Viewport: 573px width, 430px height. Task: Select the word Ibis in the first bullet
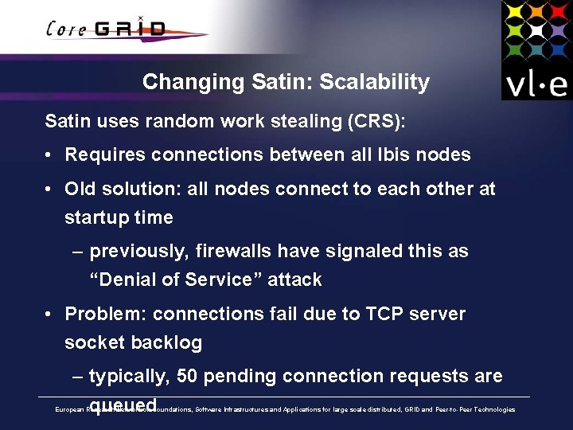[x=389, y=154]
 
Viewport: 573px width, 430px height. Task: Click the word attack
[x=295, y=279]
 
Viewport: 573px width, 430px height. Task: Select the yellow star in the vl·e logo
[x=514, y=11]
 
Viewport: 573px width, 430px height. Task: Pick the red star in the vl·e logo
[x=557, y=11]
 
